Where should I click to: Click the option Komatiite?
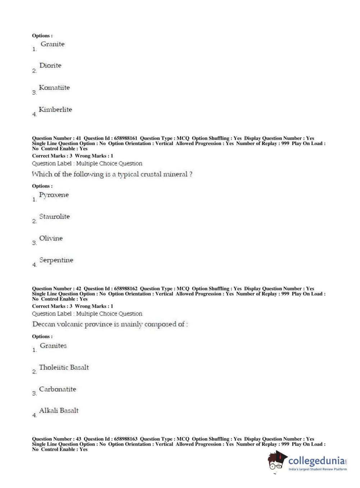coord(54,87)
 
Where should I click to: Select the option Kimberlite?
coord(55,109)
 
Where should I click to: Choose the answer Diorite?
coord(50,65)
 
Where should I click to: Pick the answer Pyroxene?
coord(54,195)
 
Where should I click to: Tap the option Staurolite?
coord(54,217)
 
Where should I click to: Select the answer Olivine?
coord(51,238)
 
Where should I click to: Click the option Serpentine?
coord(56,260)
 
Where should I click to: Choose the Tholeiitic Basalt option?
coord(64,367)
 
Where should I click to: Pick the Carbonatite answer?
coord(58,389)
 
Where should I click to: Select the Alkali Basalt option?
coord(59,411)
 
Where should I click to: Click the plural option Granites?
coord(53,346)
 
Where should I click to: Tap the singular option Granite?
coord(53,44)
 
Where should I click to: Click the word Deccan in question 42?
coord(44,324)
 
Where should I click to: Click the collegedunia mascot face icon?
coord(277,461)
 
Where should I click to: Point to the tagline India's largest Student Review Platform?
coord(318,469)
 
